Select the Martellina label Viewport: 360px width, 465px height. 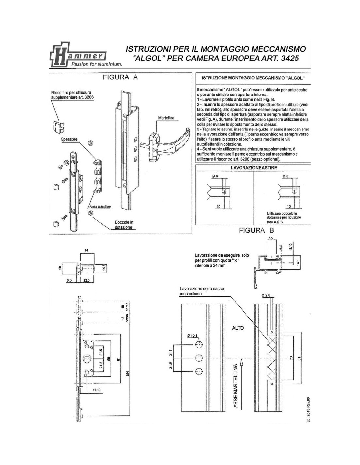(x=166, y=118)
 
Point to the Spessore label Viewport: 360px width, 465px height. (x=69, y=139)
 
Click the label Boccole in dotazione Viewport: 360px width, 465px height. (x=124, y=225)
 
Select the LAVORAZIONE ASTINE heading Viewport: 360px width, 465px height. (x=254, y=168)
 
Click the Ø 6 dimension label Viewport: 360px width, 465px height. (x=215, y=176)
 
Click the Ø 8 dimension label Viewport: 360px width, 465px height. (x=286, y=176)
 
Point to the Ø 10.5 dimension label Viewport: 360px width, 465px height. (x=193, y=336)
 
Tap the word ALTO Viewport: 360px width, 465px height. (x=238, y=328)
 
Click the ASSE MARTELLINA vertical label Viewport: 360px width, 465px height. (x=236, y=386)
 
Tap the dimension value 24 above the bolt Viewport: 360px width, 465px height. (x=86, y=250)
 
